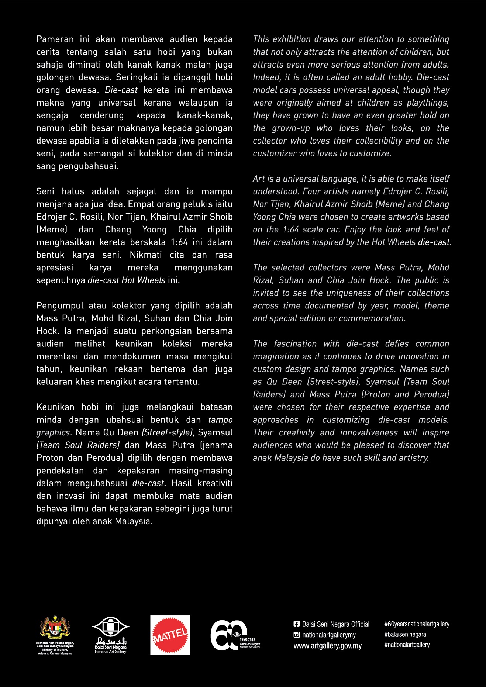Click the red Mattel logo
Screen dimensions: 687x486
click(170, 635)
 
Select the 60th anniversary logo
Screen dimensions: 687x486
click(235, 635)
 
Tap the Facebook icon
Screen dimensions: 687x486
click(297, 624)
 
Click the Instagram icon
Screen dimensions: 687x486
click(297, 635)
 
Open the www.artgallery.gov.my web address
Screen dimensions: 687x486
click(328, 646)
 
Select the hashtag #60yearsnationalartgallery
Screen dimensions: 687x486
click(417, 624)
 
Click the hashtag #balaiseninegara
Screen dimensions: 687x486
click(405, 634)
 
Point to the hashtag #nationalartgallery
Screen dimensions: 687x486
click(407, 645)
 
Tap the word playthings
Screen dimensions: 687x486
click(428, 103)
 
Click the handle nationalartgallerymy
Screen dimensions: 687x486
click(329, 635)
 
